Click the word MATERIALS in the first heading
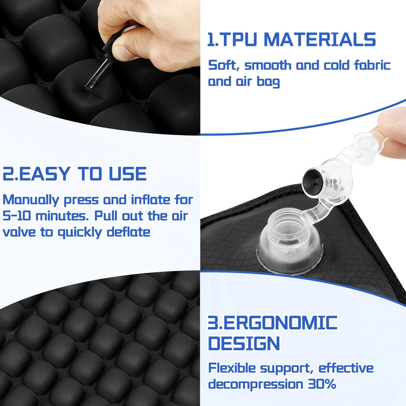[320, 40]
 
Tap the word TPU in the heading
[238, 40]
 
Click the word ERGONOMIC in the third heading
[281, 322]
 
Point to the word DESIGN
[244, 343]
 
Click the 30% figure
[322, 384]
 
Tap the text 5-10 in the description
[16, 216]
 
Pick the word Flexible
[232, 368]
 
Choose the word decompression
[256, 384]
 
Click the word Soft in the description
[222, 65]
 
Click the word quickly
[80, 232]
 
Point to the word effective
[346, 368]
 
